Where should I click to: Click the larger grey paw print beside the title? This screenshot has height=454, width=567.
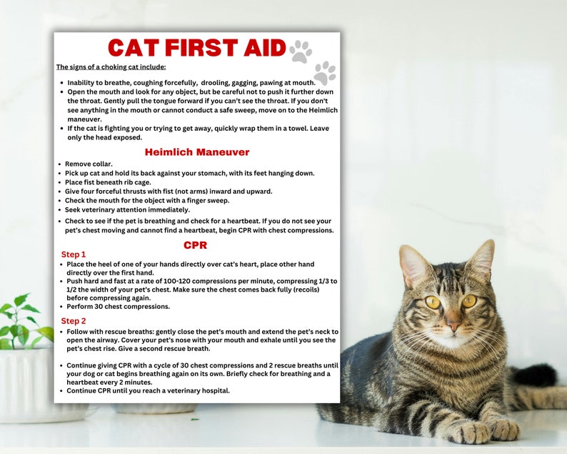[x=301, y=51]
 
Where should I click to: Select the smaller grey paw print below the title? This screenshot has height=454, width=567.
[x=325, y=72]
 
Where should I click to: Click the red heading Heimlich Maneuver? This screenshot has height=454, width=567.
[x=197, y=152]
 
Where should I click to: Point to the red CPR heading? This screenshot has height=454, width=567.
[x=195, y=245]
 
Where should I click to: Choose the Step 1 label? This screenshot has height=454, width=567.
[x=74, y=255]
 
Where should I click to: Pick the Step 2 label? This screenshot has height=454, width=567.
[x=74, y=321]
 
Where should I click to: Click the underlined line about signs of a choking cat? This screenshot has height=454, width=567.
[x=111, y=67]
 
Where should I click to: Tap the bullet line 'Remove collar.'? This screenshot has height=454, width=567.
[x=89, y=164]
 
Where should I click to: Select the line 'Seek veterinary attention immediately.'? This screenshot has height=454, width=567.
[x=127, y=209]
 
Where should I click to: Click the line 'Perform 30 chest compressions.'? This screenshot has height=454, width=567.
[x=119, y=306]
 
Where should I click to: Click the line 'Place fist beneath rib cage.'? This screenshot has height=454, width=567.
[x=114, y=182]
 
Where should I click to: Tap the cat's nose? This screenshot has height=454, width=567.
[x=453, y=325]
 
